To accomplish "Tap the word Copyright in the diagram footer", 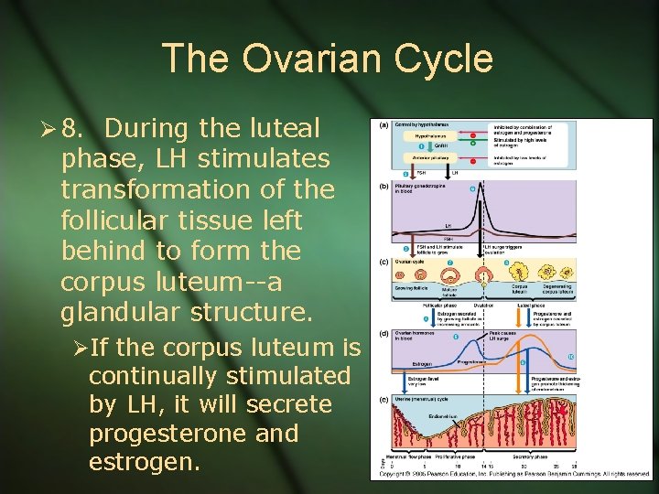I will [395, 474].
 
